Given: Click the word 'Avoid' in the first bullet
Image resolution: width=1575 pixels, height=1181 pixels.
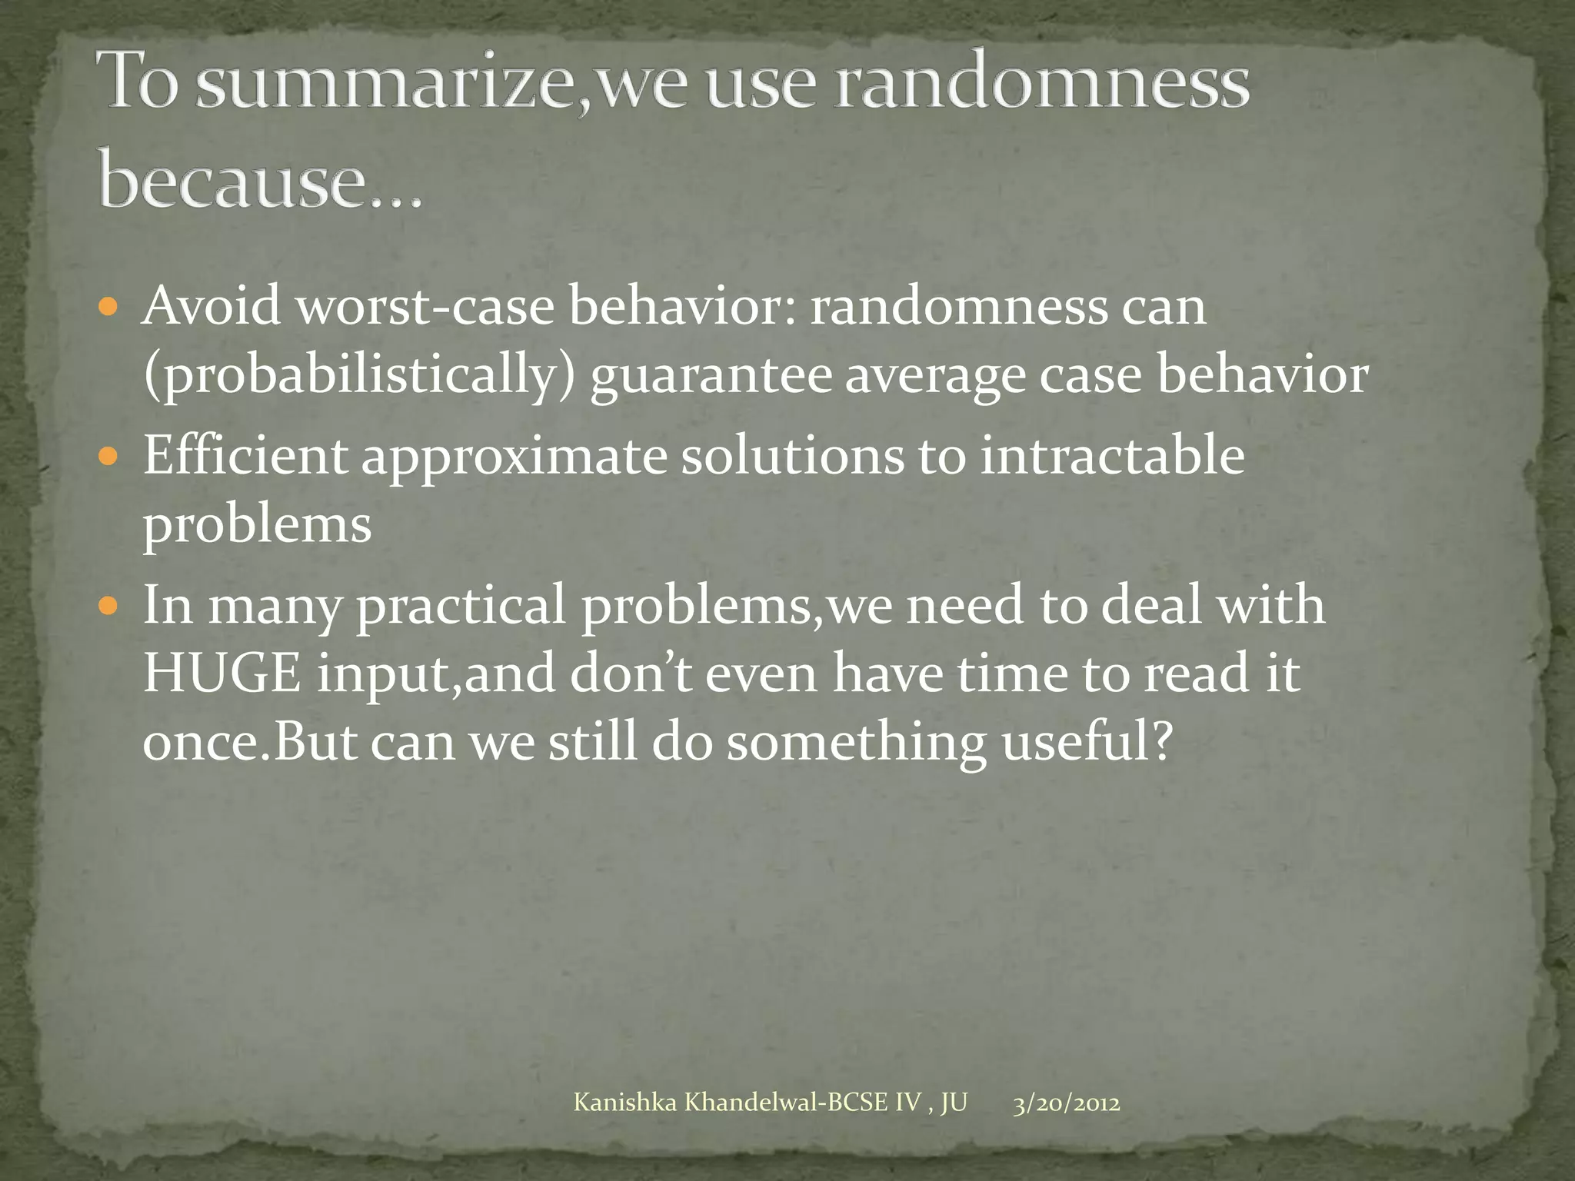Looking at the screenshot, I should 211,306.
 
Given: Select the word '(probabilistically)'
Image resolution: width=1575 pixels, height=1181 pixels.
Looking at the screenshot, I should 360,376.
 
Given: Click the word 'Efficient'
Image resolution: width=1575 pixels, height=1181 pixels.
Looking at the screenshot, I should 245,455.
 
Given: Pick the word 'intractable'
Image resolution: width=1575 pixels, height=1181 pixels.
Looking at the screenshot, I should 1112,455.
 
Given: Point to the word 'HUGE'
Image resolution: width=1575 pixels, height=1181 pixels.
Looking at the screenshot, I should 221,674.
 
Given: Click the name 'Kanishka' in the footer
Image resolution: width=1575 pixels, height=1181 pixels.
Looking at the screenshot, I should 625,1103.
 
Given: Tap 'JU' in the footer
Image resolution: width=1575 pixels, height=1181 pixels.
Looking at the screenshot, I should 954,1103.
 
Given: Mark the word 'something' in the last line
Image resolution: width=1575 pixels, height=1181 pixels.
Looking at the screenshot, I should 857,744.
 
